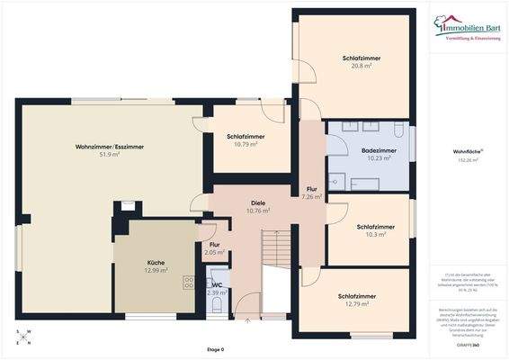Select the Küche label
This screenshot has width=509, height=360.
click(156, 262)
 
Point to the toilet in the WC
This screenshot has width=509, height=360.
click(215, 307)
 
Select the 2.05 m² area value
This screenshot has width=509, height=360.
click(215, 253)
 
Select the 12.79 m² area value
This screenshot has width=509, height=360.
click(357, 304)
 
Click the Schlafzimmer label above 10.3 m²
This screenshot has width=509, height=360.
click(375, 227)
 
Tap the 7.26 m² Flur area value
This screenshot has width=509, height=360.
click(312, 196)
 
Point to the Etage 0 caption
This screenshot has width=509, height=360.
click(215, 349)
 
